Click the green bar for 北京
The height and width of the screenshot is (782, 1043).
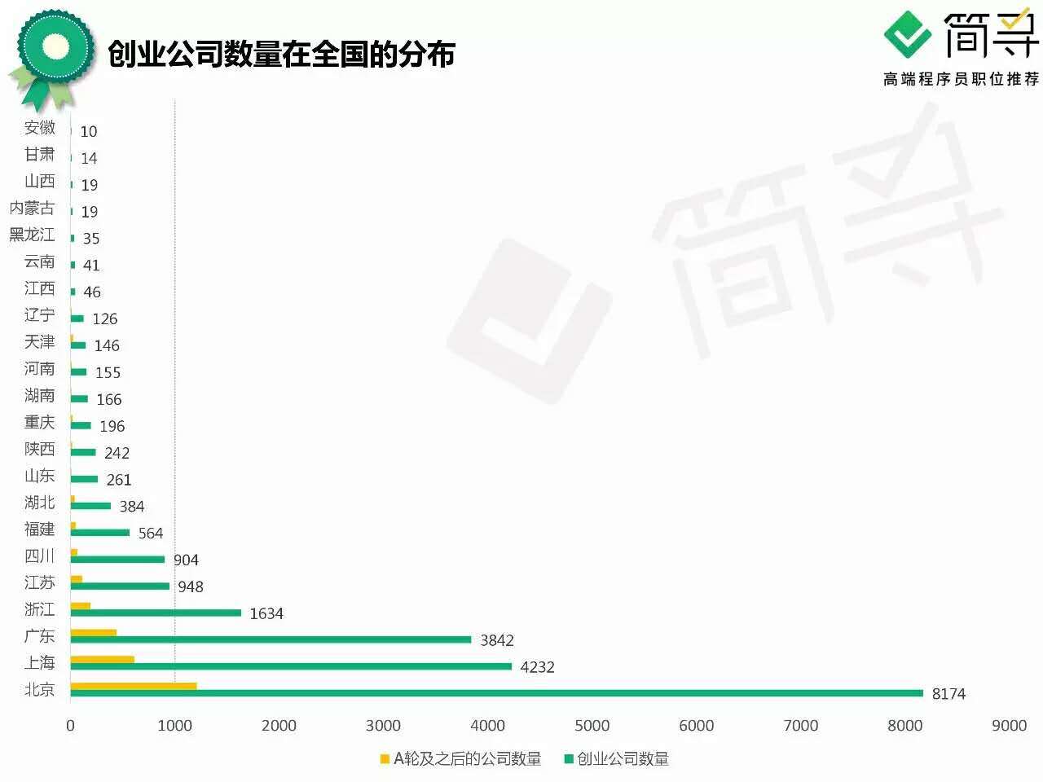[x=497, y=693]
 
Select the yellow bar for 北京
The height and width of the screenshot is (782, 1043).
[x=134, y=686]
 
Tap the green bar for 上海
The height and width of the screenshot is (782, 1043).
[x=291, y=666]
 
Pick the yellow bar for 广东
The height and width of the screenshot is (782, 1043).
[x=94, y=632]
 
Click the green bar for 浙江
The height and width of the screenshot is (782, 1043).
[x=156, y=613]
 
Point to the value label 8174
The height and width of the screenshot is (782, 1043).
[x=948, y=694]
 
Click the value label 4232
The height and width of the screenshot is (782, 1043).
[x=537, y=667]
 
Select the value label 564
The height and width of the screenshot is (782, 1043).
[x=151, y=534]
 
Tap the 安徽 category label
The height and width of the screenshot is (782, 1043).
[x=40, y=128]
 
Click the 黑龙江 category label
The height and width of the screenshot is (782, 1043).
[x=32, y=235]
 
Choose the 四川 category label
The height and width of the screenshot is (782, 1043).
[x=40, y=556]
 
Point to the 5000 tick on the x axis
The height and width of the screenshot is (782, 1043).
[x=592, y=726]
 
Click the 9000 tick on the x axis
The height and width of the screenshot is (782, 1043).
[x=1009, y=726]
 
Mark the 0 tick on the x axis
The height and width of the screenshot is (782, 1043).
[x=70, y=726]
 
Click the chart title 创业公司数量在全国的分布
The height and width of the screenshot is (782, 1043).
[x=281, y=55]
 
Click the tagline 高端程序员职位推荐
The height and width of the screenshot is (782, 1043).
[x=962, y=79]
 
